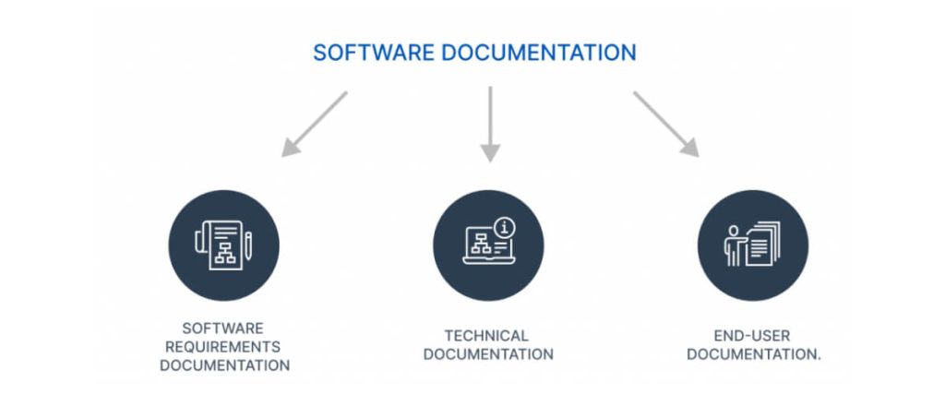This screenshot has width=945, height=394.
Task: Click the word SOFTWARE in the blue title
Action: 374,53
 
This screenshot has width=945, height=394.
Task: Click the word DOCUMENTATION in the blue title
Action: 539,53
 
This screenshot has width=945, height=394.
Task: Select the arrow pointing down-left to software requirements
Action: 315,124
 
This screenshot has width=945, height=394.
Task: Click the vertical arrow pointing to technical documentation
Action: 490,124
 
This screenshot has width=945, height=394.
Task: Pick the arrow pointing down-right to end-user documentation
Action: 666,124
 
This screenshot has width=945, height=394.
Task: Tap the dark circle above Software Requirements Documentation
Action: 223,245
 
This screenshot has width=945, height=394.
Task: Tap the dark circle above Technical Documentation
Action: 488,245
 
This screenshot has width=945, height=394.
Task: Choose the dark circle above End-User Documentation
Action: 753,245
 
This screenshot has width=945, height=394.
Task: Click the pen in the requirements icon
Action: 248,245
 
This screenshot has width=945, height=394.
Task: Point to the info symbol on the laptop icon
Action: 505,228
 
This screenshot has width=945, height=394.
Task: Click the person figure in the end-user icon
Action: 733,245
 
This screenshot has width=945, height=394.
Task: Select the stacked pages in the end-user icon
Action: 762,244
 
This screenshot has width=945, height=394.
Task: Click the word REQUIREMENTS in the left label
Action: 223,347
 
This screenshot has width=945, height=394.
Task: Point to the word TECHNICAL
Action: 486,336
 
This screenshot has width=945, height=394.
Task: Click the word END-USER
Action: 751,336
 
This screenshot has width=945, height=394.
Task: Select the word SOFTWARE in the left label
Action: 223,328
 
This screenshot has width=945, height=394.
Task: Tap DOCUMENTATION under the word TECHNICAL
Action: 488,354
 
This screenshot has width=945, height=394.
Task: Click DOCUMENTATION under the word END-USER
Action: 753,354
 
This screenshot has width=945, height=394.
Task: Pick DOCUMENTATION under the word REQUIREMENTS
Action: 225,365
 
